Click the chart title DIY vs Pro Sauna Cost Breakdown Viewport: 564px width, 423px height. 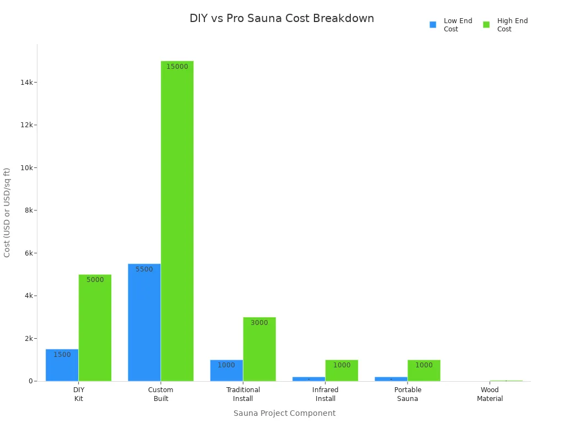pos(281,18)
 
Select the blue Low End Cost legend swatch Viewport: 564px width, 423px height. pos(433,25)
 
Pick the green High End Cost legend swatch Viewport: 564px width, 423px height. pos(486,25)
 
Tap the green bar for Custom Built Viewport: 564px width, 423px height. pos(177,220)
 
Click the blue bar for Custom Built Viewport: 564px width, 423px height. pos(144,322)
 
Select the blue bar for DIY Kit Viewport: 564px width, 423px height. pos(62,365)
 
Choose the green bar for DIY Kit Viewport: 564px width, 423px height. pos(95,328)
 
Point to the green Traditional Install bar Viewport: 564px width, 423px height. pos(259,349)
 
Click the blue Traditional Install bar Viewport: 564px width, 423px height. pos(226,370)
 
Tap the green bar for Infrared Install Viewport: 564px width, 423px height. pos(341,370)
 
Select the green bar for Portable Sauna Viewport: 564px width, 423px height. pos(424,370)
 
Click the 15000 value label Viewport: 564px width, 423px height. pos(177,67)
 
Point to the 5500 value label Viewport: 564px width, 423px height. pos(144,269)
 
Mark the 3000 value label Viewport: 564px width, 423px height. pos(259,323)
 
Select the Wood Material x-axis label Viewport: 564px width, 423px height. pos(490,394)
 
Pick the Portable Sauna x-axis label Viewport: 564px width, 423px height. pos(408,394)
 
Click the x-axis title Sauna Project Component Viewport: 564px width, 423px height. pos(284,413)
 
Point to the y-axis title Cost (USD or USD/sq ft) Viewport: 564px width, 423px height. pos(7,213)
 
